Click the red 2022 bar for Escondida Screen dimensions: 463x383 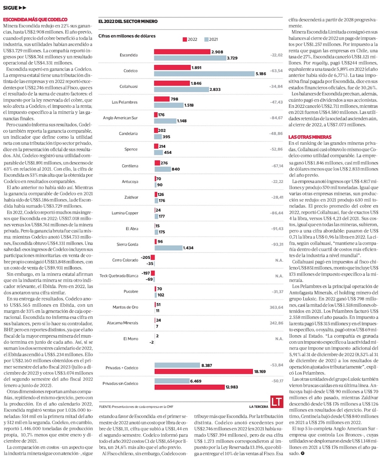tap(182, 52)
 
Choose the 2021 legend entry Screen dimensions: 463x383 tap(211, 39)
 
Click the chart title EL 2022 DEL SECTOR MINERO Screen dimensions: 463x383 tap(128, 21)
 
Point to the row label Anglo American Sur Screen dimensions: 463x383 tap(120, 118)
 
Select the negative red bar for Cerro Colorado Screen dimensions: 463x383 tap(152, 258)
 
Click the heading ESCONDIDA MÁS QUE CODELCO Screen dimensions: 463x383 tap(35, 19)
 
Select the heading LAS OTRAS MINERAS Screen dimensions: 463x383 tap(310, 137)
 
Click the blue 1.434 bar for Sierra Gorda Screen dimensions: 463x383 tap(169, 248)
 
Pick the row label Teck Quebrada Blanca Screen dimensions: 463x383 tap(119, 276)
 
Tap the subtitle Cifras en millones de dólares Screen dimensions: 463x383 tap(127, 36)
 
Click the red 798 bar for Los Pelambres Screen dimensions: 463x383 tap(162, 99)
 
